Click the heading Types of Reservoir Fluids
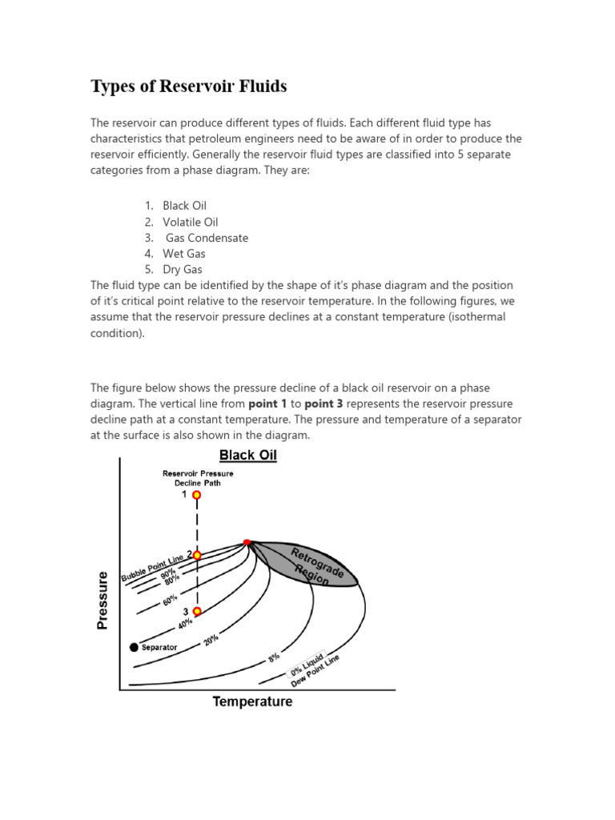pos(188,86)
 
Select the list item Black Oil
pos(184,206)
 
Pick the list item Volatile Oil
pos(190,222)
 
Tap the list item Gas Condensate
pos(207,238)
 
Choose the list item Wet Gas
pos(183,254)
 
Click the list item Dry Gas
pos(183,270)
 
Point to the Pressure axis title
pos(102,601)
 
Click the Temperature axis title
pos(252,702)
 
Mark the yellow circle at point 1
pos(196,496)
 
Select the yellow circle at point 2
pos(196,555)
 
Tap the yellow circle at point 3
pos(196,612)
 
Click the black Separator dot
pos(133,646)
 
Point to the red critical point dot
pos(247,543)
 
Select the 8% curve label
pos(274,657)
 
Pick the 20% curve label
pos(211,641)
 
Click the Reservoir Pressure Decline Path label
pos(198,478)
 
